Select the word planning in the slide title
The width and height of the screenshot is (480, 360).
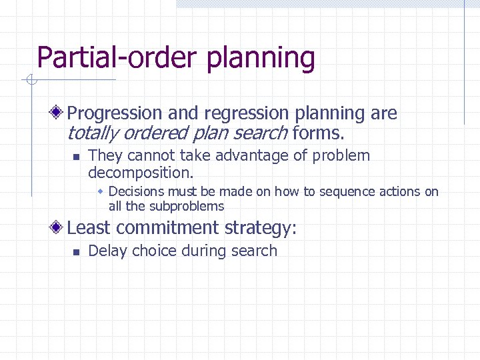tap(261, 58)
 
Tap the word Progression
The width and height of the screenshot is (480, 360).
tap(115, 114)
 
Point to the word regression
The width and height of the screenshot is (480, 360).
tap(247, 114)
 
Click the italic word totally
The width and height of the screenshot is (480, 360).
tap(91, 133)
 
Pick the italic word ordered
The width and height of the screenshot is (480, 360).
tap(154, 133)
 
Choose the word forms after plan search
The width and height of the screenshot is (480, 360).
tap(317, 133)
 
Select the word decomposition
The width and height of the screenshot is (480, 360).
tap(140, 173)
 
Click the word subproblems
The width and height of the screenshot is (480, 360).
tap(187, 206)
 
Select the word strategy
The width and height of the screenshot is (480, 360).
tap(261, 228)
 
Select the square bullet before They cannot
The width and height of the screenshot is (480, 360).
tap(75, 157)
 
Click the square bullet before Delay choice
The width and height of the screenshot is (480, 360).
tap(75, 252)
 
